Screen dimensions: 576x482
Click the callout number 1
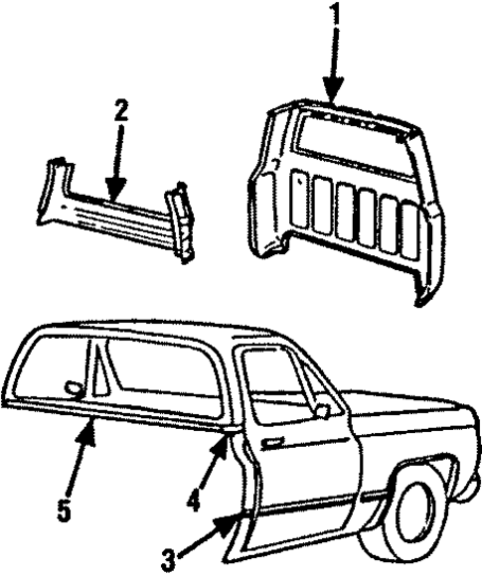pos(335,16)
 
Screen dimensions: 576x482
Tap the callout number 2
pos(120,110)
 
